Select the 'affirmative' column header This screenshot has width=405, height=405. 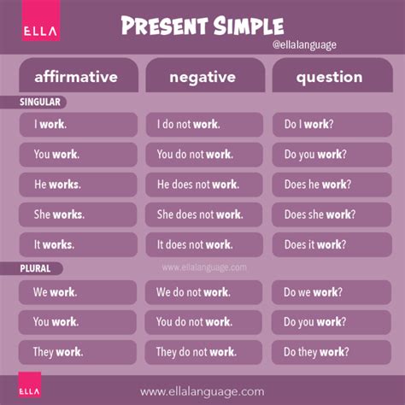coord(76,77)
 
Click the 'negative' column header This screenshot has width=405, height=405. coord(202,77)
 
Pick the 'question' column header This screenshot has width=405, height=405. coord(329,77)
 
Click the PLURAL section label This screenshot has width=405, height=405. coord(37,268)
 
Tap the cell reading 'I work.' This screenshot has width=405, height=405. coord(76,125)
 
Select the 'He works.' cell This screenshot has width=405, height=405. coord(76,185)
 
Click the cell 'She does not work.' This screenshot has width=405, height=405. coord(202,214)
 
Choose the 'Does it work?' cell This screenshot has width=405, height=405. coord(329,244)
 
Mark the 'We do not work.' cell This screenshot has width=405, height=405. coord(202,292)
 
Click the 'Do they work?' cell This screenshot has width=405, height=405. coord(329,351)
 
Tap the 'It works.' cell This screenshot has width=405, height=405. coord(76,244)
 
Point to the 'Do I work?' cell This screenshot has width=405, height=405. coord(329,125)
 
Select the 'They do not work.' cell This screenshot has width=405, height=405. coord(202,351)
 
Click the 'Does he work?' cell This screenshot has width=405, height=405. coord(329,185)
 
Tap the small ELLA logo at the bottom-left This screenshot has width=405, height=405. coord(21,387)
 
